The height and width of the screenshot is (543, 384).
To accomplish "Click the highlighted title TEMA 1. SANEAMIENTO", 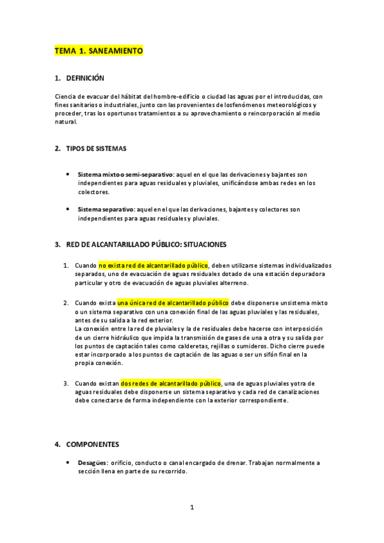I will tap(99, 51).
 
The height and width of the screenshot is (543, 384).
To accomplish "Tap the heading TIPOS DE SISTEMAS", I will tap(96, 149).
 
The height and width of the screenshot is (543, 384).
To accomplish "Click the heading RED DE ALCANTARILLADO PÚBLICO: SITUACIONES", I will tap(146, 245).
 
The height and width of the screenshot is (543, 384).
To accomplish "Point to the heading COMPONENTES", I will tap(92, 444).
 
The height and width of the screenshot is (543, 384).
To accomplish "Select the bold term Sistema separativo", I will tap(105, 209).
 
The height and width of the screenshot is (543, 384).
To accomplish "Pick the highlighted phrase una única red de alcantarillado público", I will tap(173, 302).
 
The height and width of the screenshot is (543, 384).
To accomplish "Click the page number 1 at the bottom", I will tap(191, 508).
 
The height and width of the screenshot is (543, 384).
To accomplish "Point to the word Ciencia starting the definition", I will tap(67, 96).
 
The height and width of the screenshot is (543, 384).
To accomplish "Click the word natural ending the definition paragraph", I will tap(66, 122).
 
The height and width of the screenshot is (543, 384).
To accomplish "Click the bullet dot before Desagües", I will tap(68, 462).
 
